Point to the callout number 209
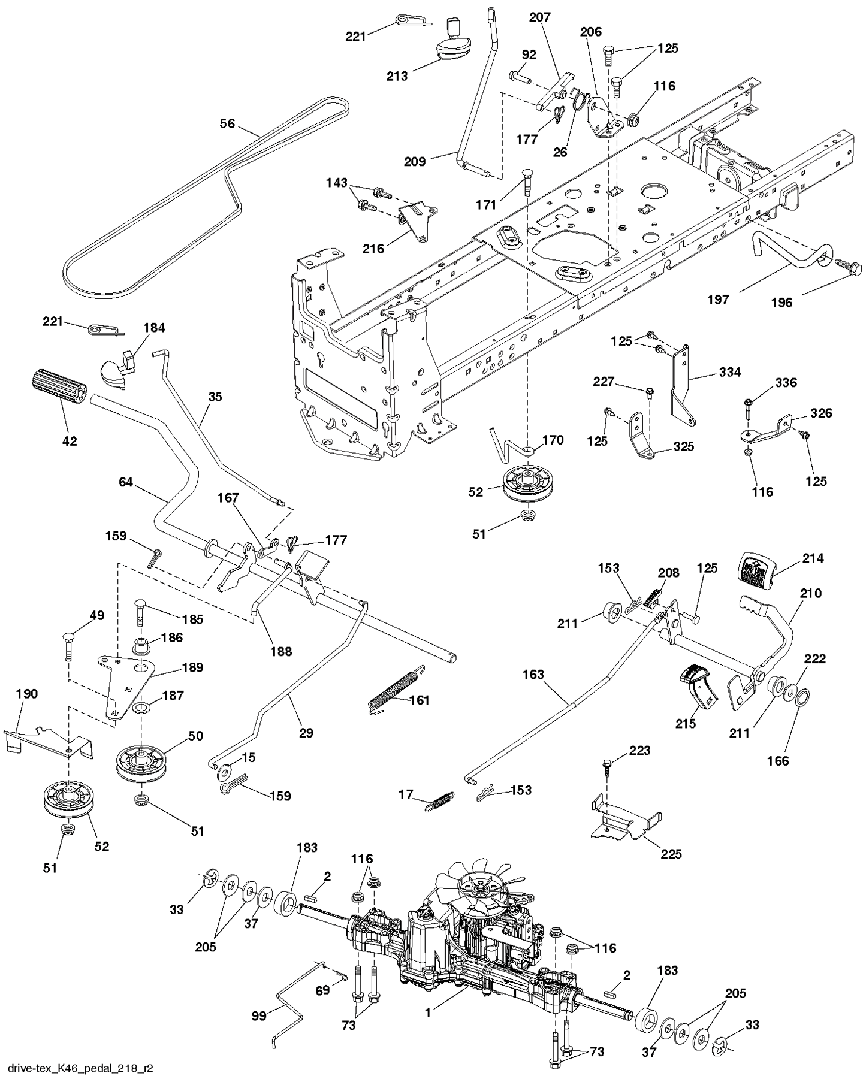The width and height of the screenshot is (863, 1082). (x=414, y=161)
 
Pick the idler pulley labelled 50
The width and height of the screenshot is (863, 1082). (x=140, y=764)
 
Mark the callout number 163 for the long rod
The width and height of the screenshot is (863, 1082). (x=533, y=674)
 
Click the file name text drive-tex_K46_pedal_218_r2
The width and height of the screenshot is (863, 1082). (x=77, y=1068)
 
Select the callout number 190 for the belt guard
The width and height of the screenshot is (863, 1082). (x=26, y=694)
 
